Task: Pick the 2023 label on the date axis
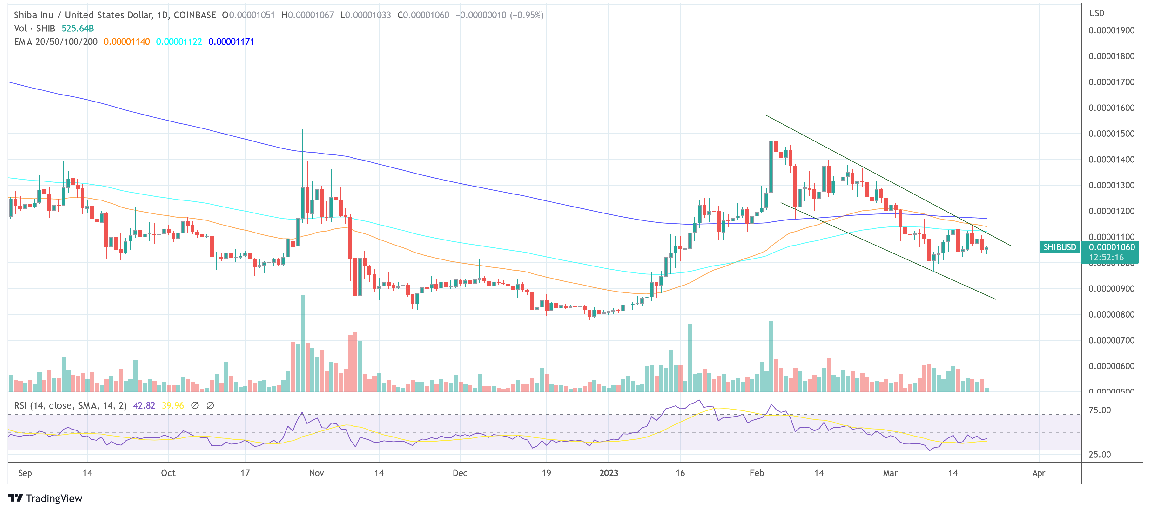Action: [x=608, y=473]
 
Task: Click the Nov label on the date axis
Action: [x=316, y=473]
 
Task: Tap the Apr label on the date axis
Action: [x=1038, y=473]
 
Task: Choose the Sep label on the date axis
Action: [x=25, y=473]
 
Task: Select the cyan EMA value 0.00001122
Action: [x=179, y=42]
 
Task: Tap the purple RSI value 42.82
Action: [x=144, y=405]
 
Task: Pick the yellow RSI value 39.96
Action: [x=172, y=405]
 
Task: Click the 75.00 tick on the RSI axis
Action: [x=1099, y=410]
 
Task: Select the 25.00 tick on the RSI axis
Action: [x=1099, y=454]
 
